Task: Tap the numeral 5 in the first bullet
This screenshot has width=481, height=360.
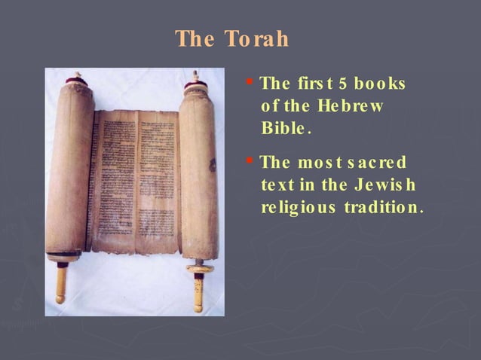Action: (x=342, y=83)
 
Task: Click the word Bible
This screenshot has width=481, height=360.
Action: (x=286, y=128)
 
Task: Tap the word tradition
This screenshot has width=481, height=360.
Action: (x=383, y=207)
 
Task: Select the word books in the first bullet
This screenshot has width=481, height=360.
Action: (x=380, y=83)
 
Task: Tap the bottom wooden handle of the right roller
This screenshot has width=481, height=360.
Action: (x=198, y=290)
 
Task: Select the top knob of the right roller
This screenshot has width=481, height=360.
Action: (x=196, y=77)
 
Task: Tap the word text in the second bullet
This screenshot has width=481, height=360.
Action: (x=277, y=185)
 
